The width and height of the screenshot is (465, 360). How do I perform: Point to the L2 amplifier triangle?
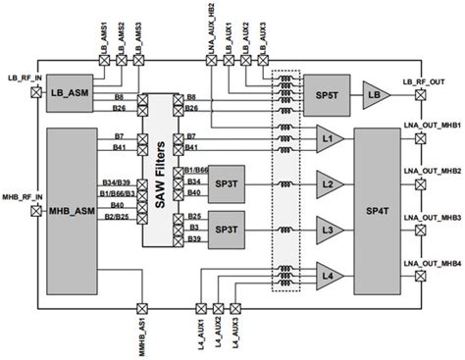(x=327, y=184)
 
